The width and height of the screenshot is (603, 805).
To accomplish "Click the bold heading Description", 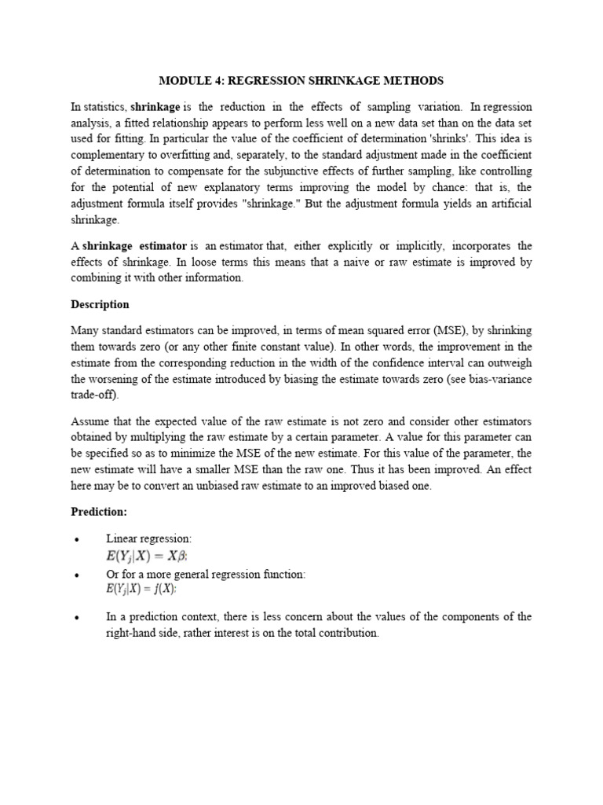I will click(x=100, y=304).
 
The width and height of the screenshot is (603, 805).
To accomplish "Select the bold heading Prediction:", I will click(x=99, y=512).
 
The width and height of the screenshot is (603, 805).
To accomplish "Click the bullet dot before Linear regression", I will click(x=76, y=539).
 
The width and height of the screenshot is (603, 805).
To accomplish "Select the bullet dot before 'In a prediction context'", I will click(x=76, y=618).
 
